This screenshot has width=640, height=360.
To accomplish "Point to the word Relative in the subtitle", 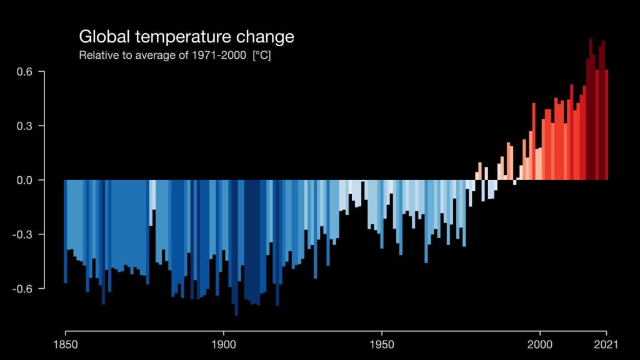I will tap(96, 56).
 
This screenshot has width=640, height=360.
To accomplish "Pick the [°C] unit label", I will tap(261, 56).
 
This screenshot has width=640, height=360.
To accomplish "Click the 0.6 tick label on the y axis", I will tap(25, 72).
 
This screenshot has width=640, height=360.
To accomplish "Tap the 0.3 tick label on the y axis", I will tap(25, 126).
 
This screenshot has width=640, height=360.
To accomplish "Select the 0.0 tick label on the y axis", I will tap(25, 180).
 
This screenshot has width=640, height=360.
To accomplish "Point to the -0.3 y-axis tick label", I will tap(24, 234).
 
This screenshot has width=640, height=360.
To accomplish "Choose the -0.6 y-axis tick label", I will tap(24, 288).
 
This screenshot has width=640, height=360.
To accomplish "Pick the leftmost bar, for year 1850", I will tap(65, 231).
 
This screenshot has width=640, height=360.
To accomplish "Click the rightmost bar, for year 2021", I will tap(606, 125).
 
